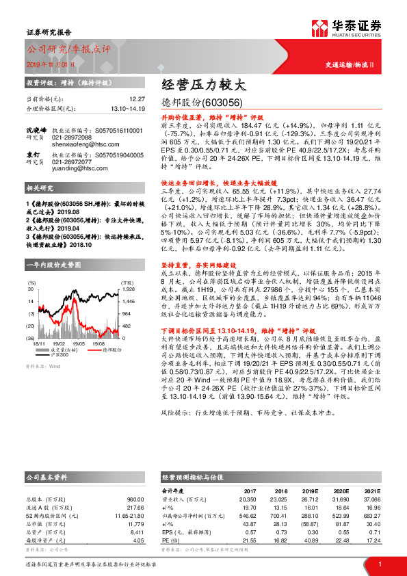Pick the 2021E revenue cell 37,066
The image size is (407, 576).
click(371, 499)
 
